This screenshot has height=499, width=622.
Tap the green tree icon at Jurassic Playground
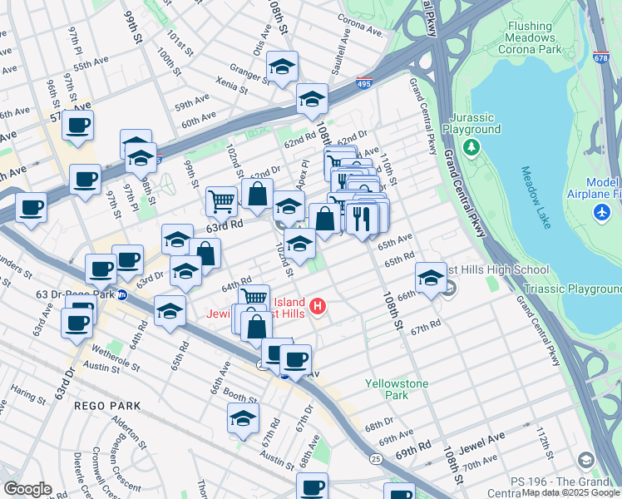point(471,147)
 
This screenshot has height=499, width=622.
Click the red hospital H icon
point(317,308)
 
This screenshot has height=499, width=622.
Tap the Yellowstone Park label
point(398,389)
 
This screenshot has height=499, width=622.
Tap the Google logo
point(27,489)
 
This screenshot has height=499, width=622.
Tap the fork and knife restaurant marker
point(361,219)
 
